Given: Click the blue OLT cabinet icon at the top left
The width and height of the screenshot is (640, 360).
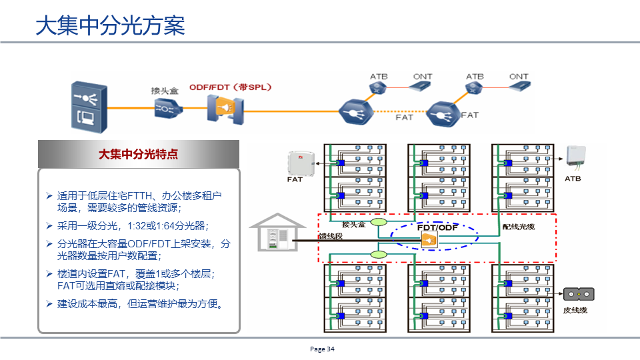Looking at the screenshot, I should [88, 105].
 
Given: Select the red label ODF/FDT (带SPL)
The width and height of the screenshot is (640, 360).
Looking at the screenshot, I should [230, 87].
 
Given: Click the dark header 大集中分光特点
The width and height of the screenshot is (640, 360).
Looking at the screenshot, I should [138, 154].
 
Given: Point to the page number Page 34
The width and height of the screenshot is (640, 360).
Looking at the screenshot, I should [322, 349].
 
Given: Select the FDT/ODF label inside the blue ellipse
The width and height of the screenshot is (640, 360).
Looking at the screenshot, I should [438, 227].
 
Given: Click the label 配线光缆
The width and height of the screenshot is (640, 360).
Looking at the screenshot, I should [518, 227].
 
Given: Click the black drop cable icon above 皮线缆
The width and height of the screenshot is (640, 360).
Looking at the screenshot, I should [578, 294].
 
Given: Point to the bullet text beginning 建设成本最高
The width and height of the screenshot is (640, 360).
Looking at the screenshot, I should [140, 304].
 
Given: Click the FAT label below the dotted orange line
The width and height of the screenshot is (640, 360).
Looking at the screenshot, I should [404, 117].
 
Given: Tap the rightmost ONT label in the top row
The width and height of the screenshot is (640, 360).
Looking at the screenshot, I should [519, 77].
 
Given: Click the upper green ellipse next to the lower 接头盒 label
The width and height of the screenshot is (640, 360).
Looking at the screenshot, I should [379, 222].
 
